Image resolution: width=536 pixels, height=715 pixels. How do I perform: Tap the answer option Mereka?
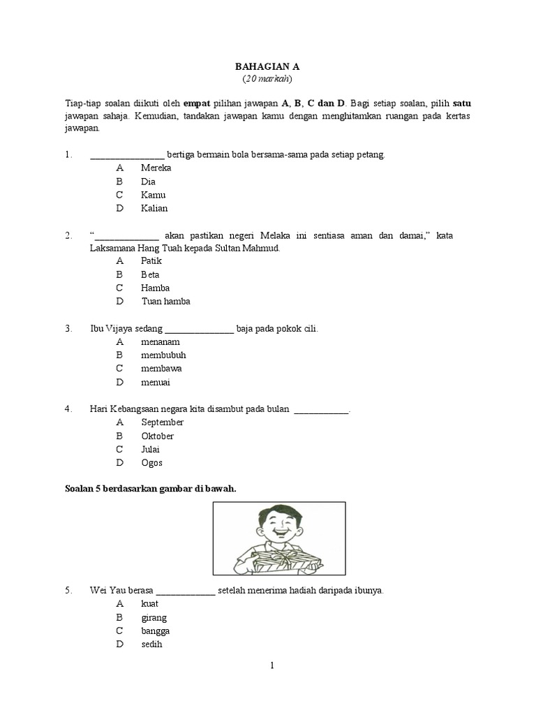pyautogui.click(x=156, y=168)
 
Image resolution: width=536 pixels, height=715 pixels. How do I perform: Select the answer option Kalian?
pyautogui.click(x=154, y=208)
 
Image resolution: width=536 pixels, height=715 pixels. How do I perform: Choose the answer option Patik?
pyautogui.click(x=151, y=261)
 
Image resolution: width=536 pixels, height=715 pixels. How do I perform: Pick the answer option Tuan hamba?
pyautogui.click(x=165, y=301)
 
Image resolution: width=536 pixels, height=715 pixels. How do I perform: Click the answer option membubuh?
pyautogui.click(x=163, y=355)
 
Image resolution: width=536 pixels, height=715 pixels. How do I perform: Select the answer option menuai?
pyautogui.click(x=155, y=382)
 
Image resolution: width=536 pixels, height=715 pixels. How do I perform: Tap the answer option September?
pyautogui.click(x=162, y=422)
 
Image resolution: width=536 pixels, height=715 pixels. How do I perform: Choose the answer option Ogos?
pyautogui.click(x=151, y=462)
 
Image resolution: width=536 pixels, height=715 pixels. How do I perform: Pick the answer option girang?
pyautogui.click(x=154, y=617)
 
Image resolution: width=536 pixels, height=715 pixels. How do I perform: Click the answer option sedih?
pyautogui.click(x=151, y=644)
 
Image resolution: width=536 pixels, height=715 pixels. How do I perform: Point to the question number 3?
pyautogui.click(x=68, y=328)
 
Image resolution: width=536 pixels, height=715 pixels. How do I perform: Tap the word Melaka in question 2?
pyautogui.click(x=264, y=236)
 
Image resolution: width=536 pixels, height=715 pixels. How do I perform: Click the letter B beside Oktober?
pyautogui.click(x=120, y=436)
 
